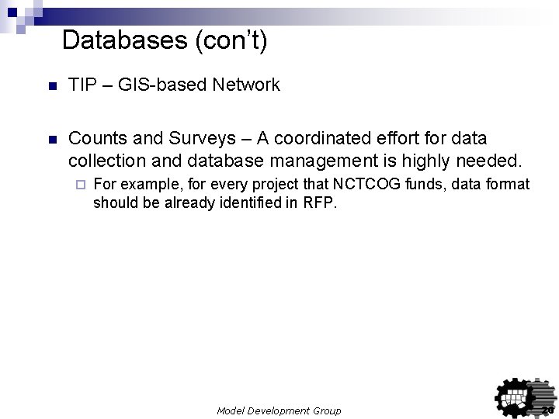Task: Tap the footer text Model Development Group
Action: (x=279, y=410)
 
